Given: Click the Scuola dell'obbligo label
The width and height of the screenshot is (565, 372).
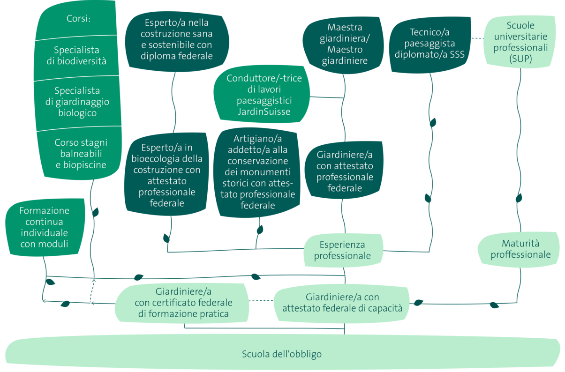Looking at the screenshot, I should point(282,354).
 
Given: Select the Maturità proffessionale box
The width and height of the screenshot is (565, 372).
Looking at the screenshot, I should point(519,249).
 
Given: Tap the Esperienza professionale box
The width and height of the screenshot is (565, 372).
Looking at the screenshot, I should point(342,250).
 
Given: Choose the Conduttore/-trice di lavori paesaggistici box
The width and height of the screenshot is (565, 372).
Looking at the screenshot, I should point(264,95).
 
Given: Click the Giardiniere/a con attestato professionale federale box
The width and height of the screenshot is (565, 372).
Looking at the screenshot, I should point(345,171).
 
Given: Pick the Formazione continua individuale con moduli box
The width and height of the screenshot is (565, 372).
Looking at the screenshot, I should point(45,227).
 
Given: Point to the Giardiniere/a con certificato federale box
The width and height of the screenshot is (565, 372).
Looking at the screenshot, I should point(183,303).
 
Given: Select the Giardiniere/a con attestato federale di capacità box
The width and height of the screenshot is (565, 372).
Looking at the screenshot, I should point(342,303).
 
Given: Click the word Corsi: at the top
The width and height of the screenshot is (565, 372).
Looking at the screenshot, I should point(78,19).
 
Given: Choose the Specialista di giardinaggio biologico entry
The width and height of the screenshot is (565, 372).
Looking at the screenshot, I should point(78,102).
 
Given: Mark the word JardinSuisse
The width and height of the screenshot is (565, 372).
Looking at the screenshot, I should point(264,112).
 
